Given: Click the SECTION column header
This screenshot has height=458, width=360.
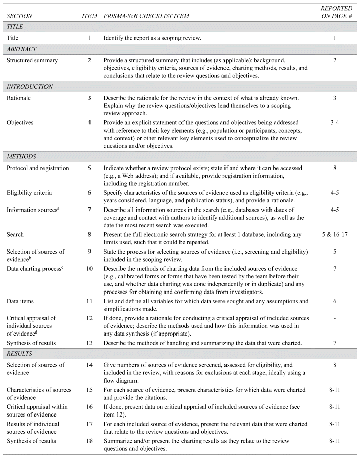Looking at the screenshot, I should (x=21, y=16).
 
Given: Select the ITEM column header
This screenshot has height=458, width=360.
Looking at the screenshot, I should (x=89, y=16).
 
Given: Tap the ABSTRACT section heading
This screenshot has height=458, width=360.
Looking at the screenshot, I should (x=22, y=50).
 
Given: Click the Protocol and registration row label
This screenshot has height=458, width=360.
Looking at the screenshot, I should (x=37, y=167).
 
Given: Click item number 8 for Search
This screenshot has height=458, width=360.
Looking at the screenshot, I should (x=89, y=248).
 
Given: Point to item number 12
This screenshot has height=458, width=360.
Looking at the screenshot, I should (x=89, y=317).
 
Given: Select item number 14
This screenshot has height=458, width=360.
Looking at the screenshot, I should (x=89, y=365).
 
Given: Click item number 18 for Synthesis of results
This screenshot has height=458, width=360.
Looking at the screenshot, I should (x=89, y=441).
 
